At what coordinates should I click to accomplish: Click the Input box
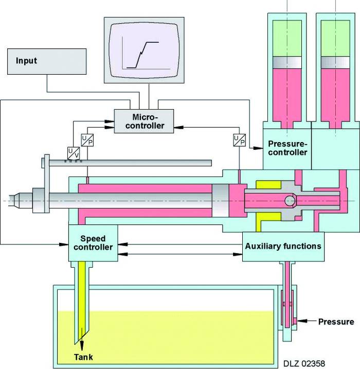47,61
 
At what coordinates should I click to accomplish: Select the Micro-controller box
143,120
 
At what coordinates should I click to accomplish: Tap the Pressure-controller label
287,148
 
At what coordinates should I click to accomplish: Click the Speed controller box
93,243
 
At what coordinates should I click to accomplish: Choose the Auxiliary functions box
283,246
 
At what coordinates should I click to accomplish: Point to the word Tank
83,356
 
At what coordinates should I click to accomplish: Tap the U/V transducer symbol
74,153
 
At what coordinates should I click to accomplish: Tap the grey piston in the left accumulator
288,62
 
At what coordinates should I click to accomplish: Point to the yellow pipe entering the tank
83,298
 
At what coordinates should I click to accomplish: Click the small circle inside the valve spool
290,199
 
